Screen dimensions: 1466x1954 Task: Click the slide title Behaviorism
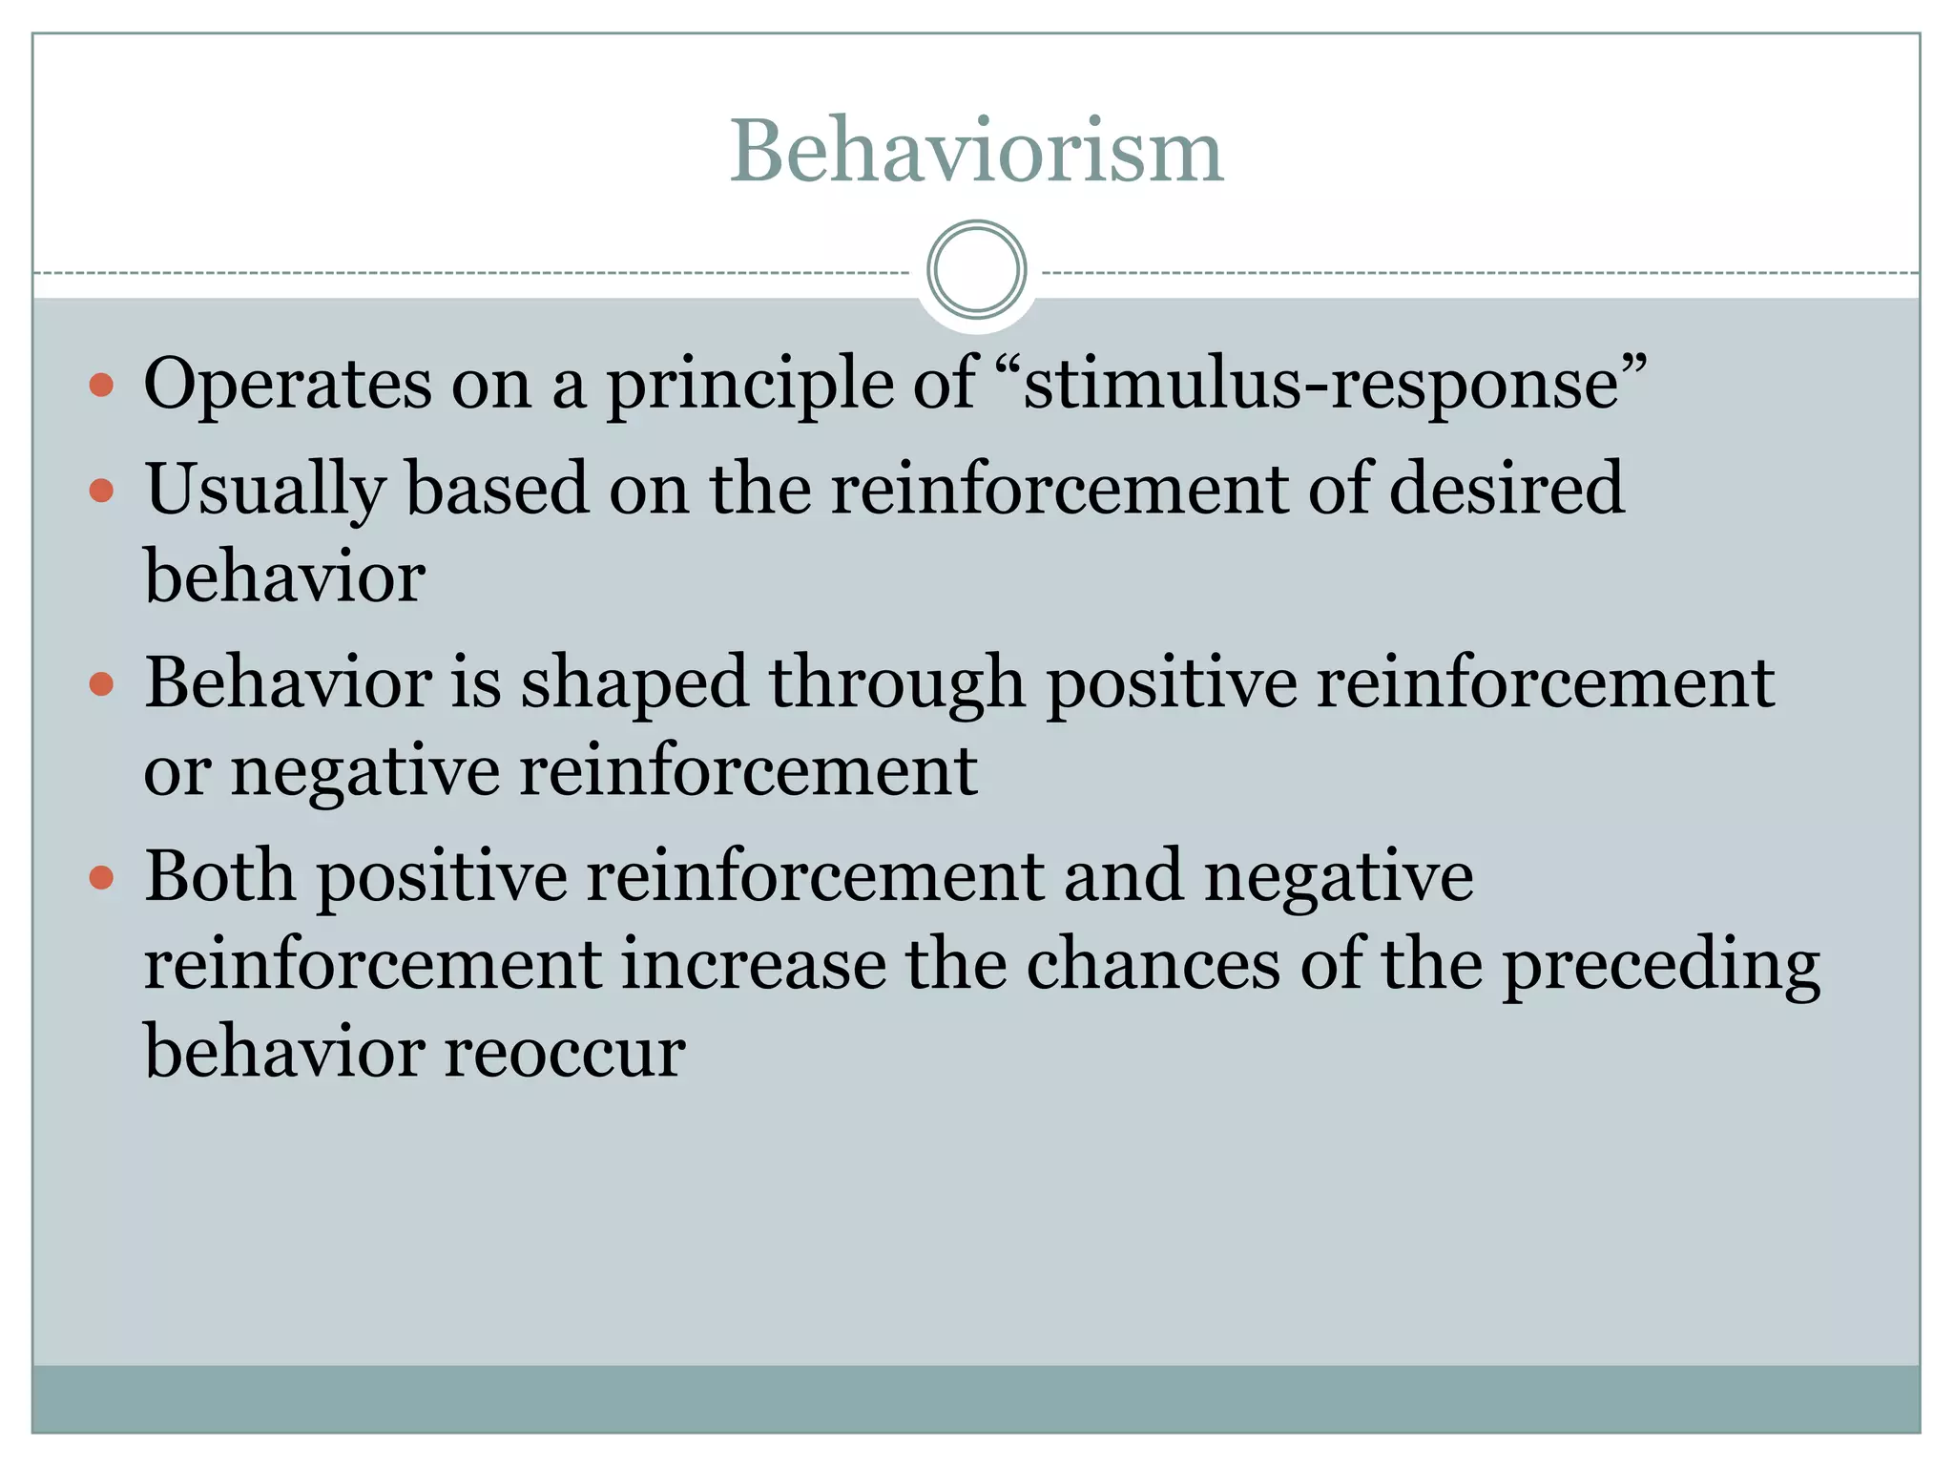[976, 152]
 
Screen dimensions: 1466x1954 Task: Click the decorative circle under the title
[976, 270]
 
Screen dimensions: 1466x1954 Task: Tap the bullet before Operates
[101, 387]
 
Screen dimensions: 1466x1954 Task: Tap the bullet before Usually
[101, 492]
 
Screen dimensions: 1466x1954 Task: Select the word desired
[1506, 488]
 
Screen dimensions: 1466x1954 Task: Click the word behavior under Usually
[284, 577]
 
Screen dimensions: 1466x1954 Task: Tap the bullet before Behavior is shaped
[101, 684]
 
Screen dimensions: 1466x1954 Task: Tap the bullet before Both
[101, 878]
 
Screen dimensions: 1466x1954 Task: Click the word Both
[219, 876]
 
